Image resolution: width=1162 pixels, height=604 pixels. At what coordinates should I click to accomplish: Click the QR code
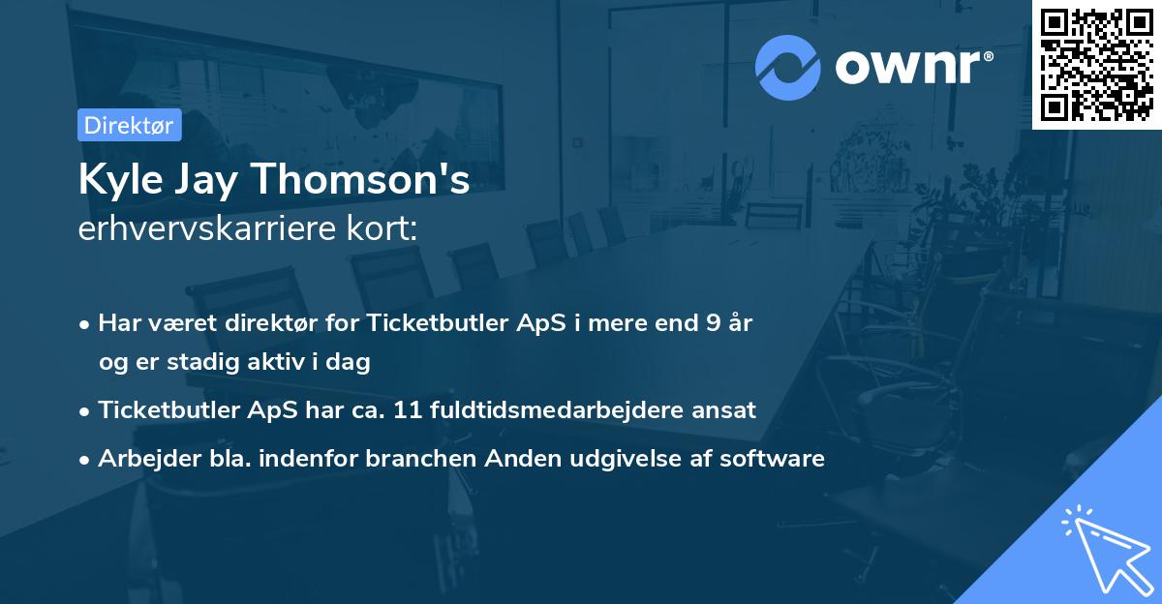tap(1096, 65)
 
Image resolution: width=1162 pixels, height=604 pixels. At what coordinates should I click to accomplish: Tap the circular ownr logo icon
tap(788, 67)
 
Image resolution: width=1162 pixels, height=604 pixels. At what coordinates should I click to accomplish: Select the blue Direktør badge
tap(129, 125)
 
